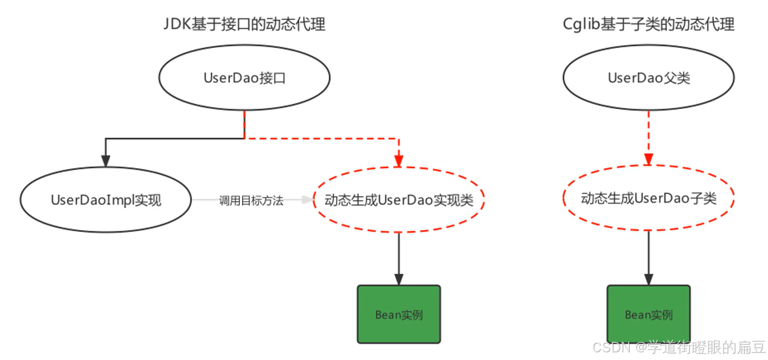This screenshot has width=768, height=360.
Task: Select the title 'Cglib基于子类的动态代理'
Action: click(649, 24)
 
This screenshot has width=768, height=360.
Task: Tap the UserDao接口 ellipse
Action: click(244, 78)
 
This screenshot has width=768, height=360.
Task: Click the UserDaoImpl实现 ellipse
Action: click(106, 200)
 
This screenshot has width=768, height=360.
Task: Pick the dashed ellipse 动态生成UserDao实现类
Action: click(399, 200)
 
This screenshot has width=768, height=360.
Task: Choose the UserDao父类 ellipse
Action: click(649, 78)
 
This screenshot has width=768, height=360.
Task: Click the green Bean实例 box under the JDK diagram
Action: click(399, 314)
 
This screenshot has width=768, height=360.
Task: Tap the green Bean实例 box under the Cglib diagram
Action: click(649, 314)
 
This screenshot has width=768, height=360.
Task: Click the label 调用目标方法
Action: click(251, 200)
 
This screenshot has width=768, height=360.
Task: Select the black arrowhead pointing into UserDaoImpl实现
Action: click(106, 160)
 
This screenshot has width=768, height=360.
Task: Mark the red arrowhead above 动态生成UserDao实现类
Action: click(399, 160)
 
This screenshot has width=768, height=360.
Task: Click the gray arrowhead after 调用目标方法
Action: click(306, 200)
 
